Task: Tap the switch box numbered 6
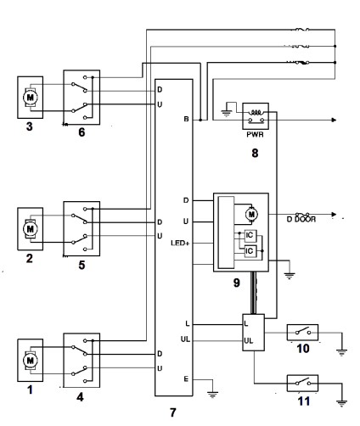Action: coord(82,96)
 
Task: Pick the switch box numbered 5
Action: coord(82,228)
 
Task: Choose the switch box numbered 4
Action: coord(82,360)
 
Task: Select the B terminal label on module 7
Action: coord(184,121)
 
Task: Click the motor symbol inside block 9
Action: coord(250,212)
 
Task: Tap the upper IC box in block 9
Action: coord(250,235)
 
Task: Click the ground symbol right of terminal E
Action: coord(211,390)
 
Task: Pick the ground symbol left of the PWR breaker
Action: coord(228,108)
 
